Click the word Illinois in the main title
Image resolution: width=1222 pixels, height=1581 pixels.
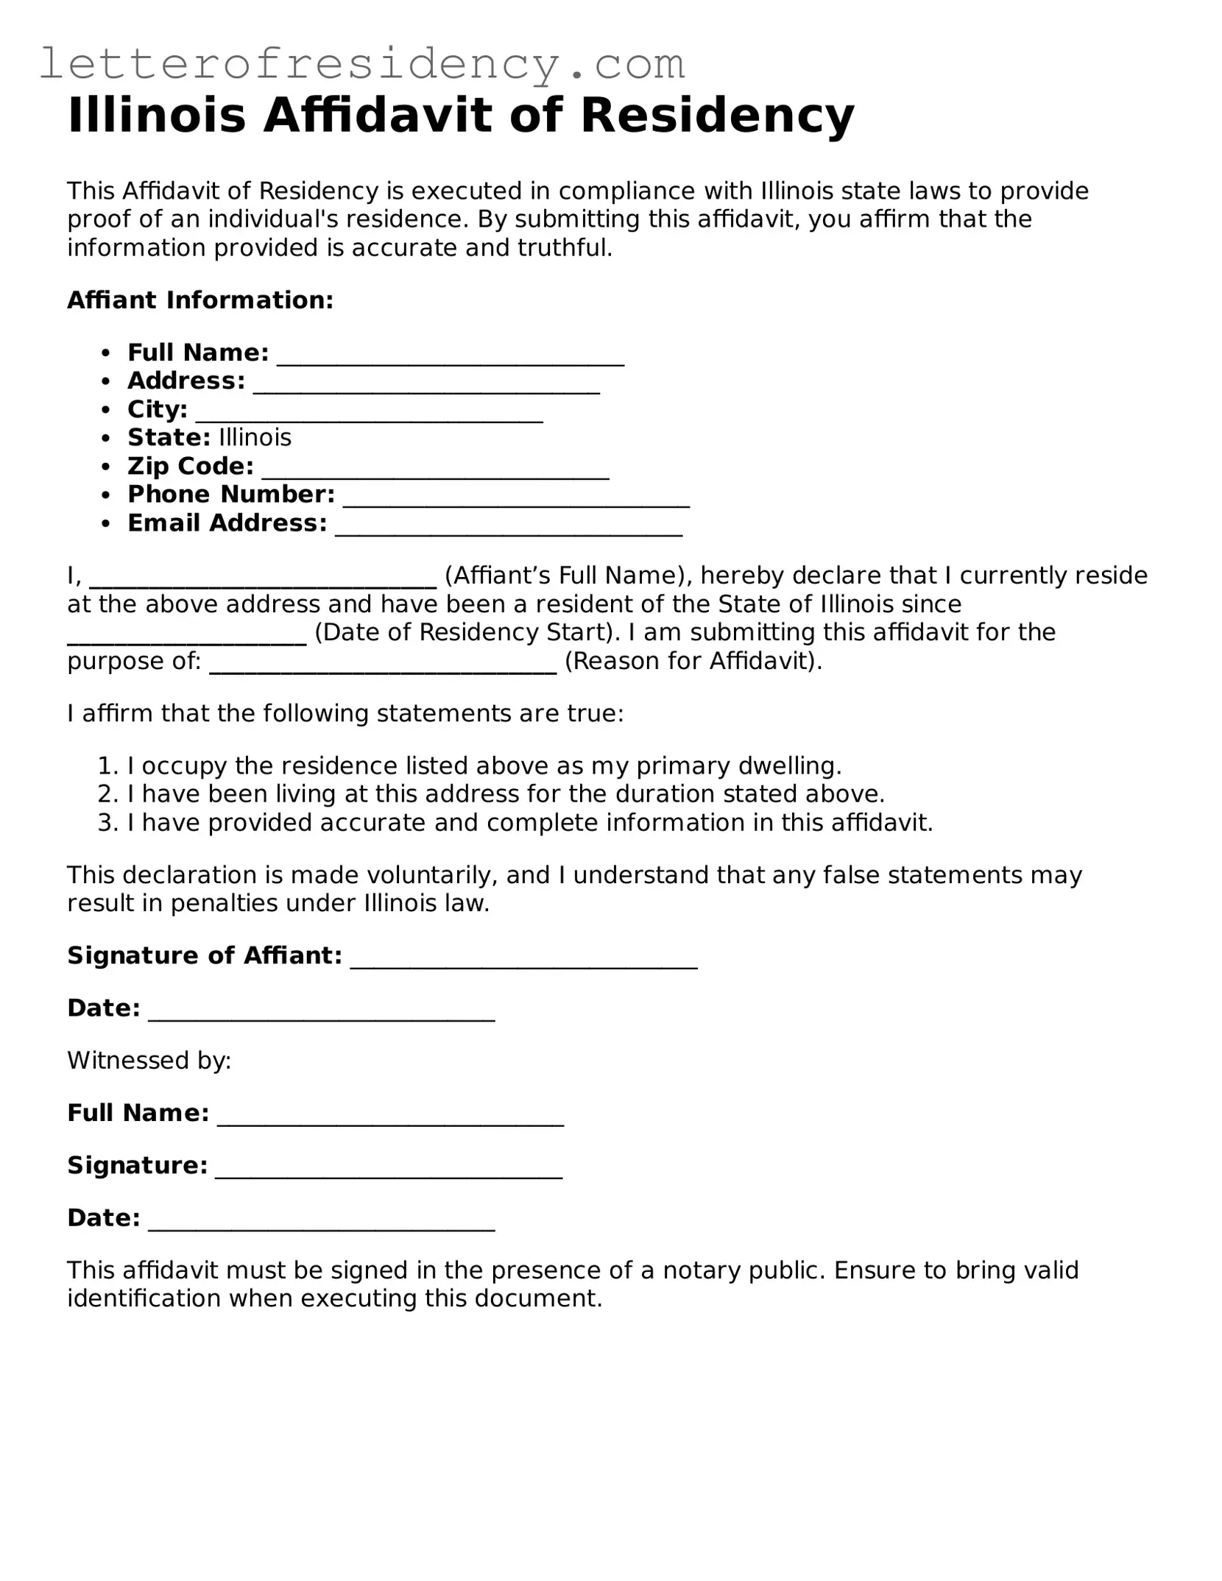coord(156,116)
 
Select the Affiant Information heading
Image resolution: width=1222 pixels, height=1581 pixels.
coord(200,300)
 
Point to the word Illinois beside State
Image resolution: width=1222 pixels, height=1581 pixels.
coord(255,438)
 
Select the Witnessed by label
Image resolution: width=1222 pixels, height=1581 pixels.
coord(149,1061)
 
